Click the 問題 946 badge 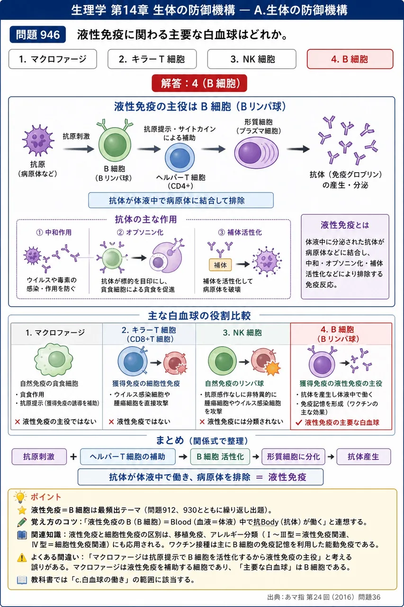pyautogui.click(x=37, y=35)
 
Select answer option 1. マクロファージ pyautogui.click(x=53, y=59)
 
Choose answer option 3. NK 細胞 pyautogui.click(x=251, y=59)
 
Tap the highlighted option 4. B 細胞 pyautogui.click(x=350, y=59)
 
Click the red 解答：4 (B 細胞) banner pyautogui.click(x=199, y=83)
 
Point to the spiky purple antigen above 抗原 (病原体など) pyautogui.click(x=38, y=140)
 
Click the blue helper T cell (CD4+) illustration pyautogui.click(x=180, y=157)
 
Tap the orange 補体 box pyautogui.click(x=220, y=265)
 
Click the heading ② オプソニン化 pyautogui.click(x=140, y=232)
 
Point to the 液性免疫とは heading pyautogui.click(x=345, y=225)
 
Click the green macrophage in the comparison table pyautogui.click(x=54, y=359)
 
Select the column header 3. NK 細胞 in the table pyautogui.click(x=242, y=332)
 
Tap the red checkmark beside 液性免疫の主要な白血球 pyautogui.click(x=299, y=423)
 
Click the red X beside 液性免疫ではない pyautogui.click(x=111, y=422)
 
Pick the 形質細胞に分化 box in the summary pyautogui.click(x=293, y=457)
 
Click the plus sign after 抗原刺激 pyautogui.click(x=73, y=457)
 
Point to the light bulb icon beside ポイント pyautogui.click(x=20, y=497)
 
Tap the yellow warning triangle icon pyautogui.click(x=22, y=558)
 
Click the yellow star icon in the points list pyautogui.click(x=22, y=510)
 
